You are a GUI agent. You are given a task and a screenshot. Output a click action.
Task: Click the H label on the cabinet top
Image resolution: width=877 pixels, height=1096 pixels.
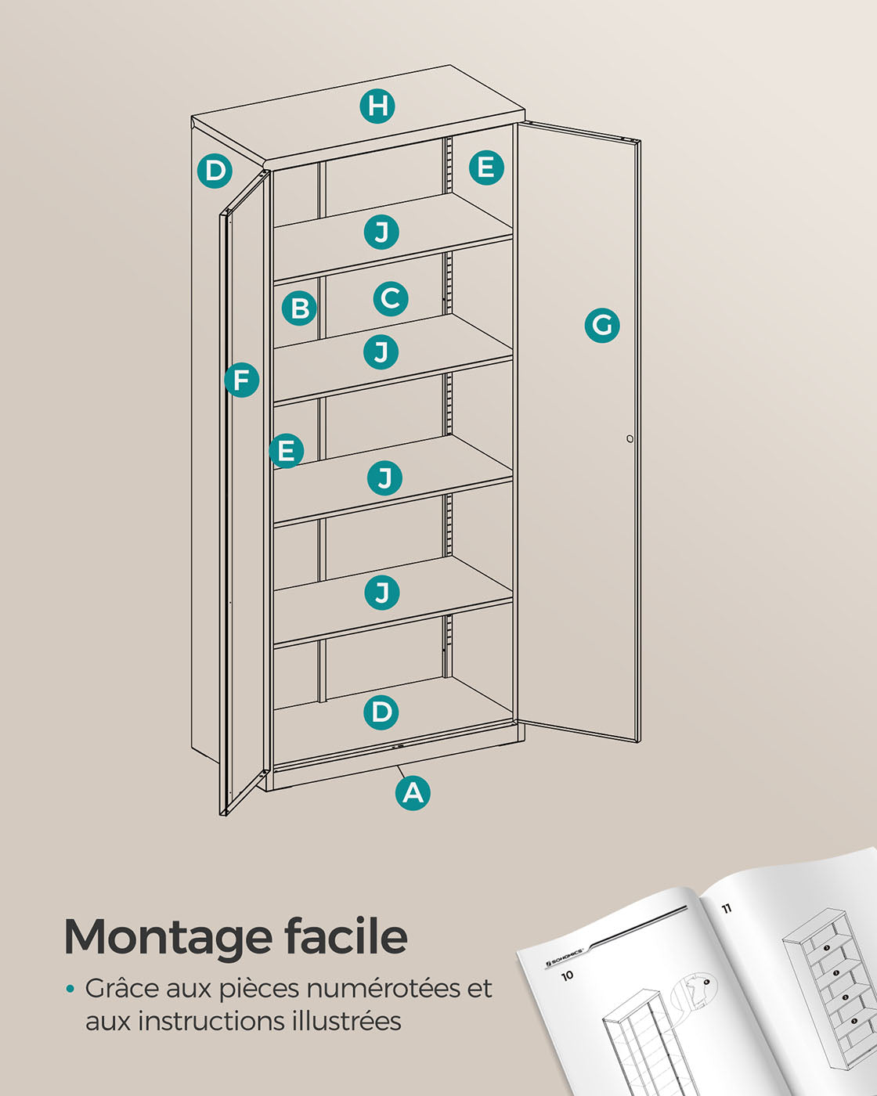377,106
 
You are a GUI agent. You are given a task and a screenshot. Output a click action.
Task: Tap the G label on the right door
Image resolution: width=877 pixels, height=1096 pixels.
602,325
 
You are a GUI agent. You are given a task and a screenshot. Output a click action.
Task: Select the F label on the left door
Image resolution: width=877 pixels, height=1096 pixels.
241,380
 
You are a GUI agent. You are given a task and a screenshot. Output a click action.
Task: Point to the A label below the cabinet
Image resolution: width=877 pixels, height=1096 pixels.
413,793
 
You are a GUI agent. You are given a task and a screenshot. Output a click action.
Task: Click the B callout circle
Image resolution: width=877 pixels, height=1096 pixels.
299,308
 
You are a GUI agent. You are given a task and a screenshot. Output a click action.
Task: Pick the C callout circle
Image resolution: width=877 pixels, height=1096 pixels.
391,298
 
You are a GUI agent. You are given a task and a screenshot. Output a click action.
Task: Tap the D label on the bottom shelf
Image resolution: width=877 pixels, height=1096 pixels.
381,712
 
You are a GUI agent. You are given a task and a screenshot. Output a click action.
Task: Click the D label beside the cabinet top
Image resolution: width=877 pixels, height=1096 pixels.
215,171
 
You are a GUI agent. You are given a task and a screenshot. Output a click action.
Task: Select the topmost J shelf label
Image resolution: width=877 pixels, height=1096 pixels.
381,232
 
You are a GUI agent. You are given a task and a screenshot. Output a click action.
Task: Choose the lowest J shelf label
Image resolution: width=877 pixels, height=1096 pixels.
381,593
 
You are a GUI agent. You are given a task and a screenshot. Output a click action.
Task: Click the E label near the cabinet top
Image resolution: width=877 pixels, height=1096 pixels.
486,167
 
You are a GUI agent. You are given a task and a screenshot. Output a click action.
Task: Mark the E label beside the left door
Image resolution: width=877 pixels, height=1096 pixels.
287,451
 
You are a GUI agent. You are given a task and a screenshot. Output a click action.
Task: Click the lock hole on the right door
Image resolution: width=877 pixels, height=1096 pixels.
630,438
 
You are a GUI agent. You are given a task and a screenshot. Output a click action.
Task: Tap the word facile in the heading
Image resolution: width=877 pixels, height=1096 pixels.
346,935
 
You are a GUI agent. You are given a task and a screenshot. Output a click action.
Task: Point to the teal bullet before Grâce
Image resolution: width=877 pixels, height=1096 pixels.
70,989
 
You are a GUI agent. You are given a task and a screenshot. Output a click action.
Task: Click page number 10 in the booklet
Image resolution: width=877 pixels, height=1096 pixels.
567,975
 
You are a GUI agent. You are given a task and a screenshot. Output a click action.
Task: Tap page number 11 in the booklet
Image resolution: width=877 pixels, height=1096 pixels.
726,907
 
